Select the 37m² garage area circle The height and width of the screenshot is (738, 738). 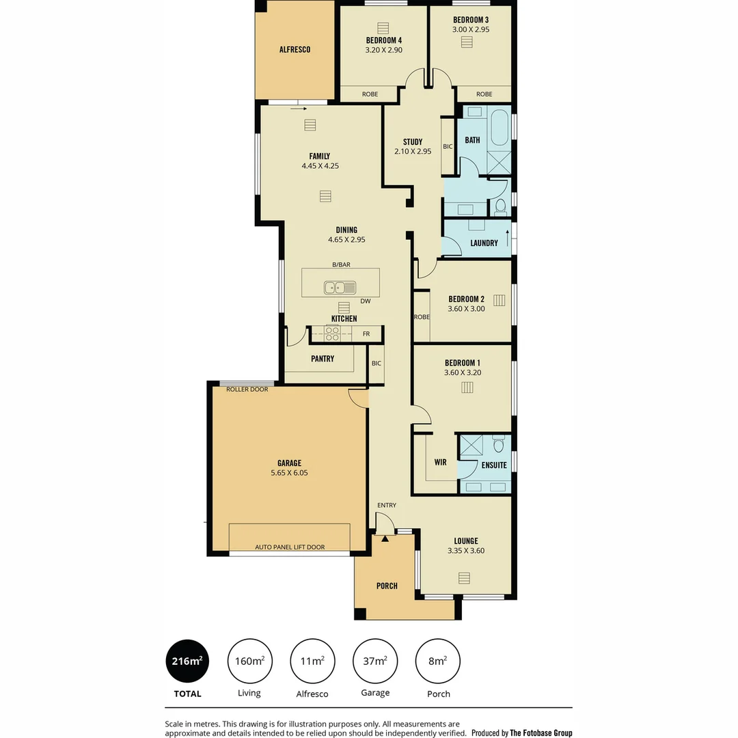375,661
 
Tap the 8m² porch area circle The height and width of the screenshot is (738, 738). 438,661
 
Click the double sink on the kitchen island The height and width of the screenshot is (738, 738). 340,288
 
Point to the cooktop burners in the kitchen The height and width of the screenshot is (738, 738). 333,333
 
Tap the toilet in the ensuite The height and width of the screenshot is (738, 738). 499,446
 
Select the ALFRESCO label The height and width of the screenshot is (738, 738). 295,49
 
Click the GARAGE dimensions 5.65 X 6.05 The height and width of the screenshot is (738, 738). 289,472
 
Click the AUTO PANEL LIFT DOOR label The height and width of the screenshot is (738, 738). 290,547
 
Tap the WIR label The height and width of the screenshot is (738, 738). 440,463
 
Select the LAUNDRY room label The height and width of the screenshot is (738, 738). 484,243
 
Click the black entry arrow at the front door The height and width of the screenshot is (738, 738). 385,539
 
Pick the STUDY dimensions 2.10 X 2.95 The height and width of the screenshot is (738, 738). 413,152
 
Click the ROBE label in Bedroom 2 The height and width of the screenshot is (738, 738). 422,317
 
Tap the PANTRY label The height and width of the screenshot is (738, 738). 322,359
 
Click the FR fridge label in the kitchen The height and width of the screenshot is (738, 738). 366,334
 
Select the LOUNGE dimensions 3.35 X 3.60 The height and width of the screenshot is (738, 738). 465,551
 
